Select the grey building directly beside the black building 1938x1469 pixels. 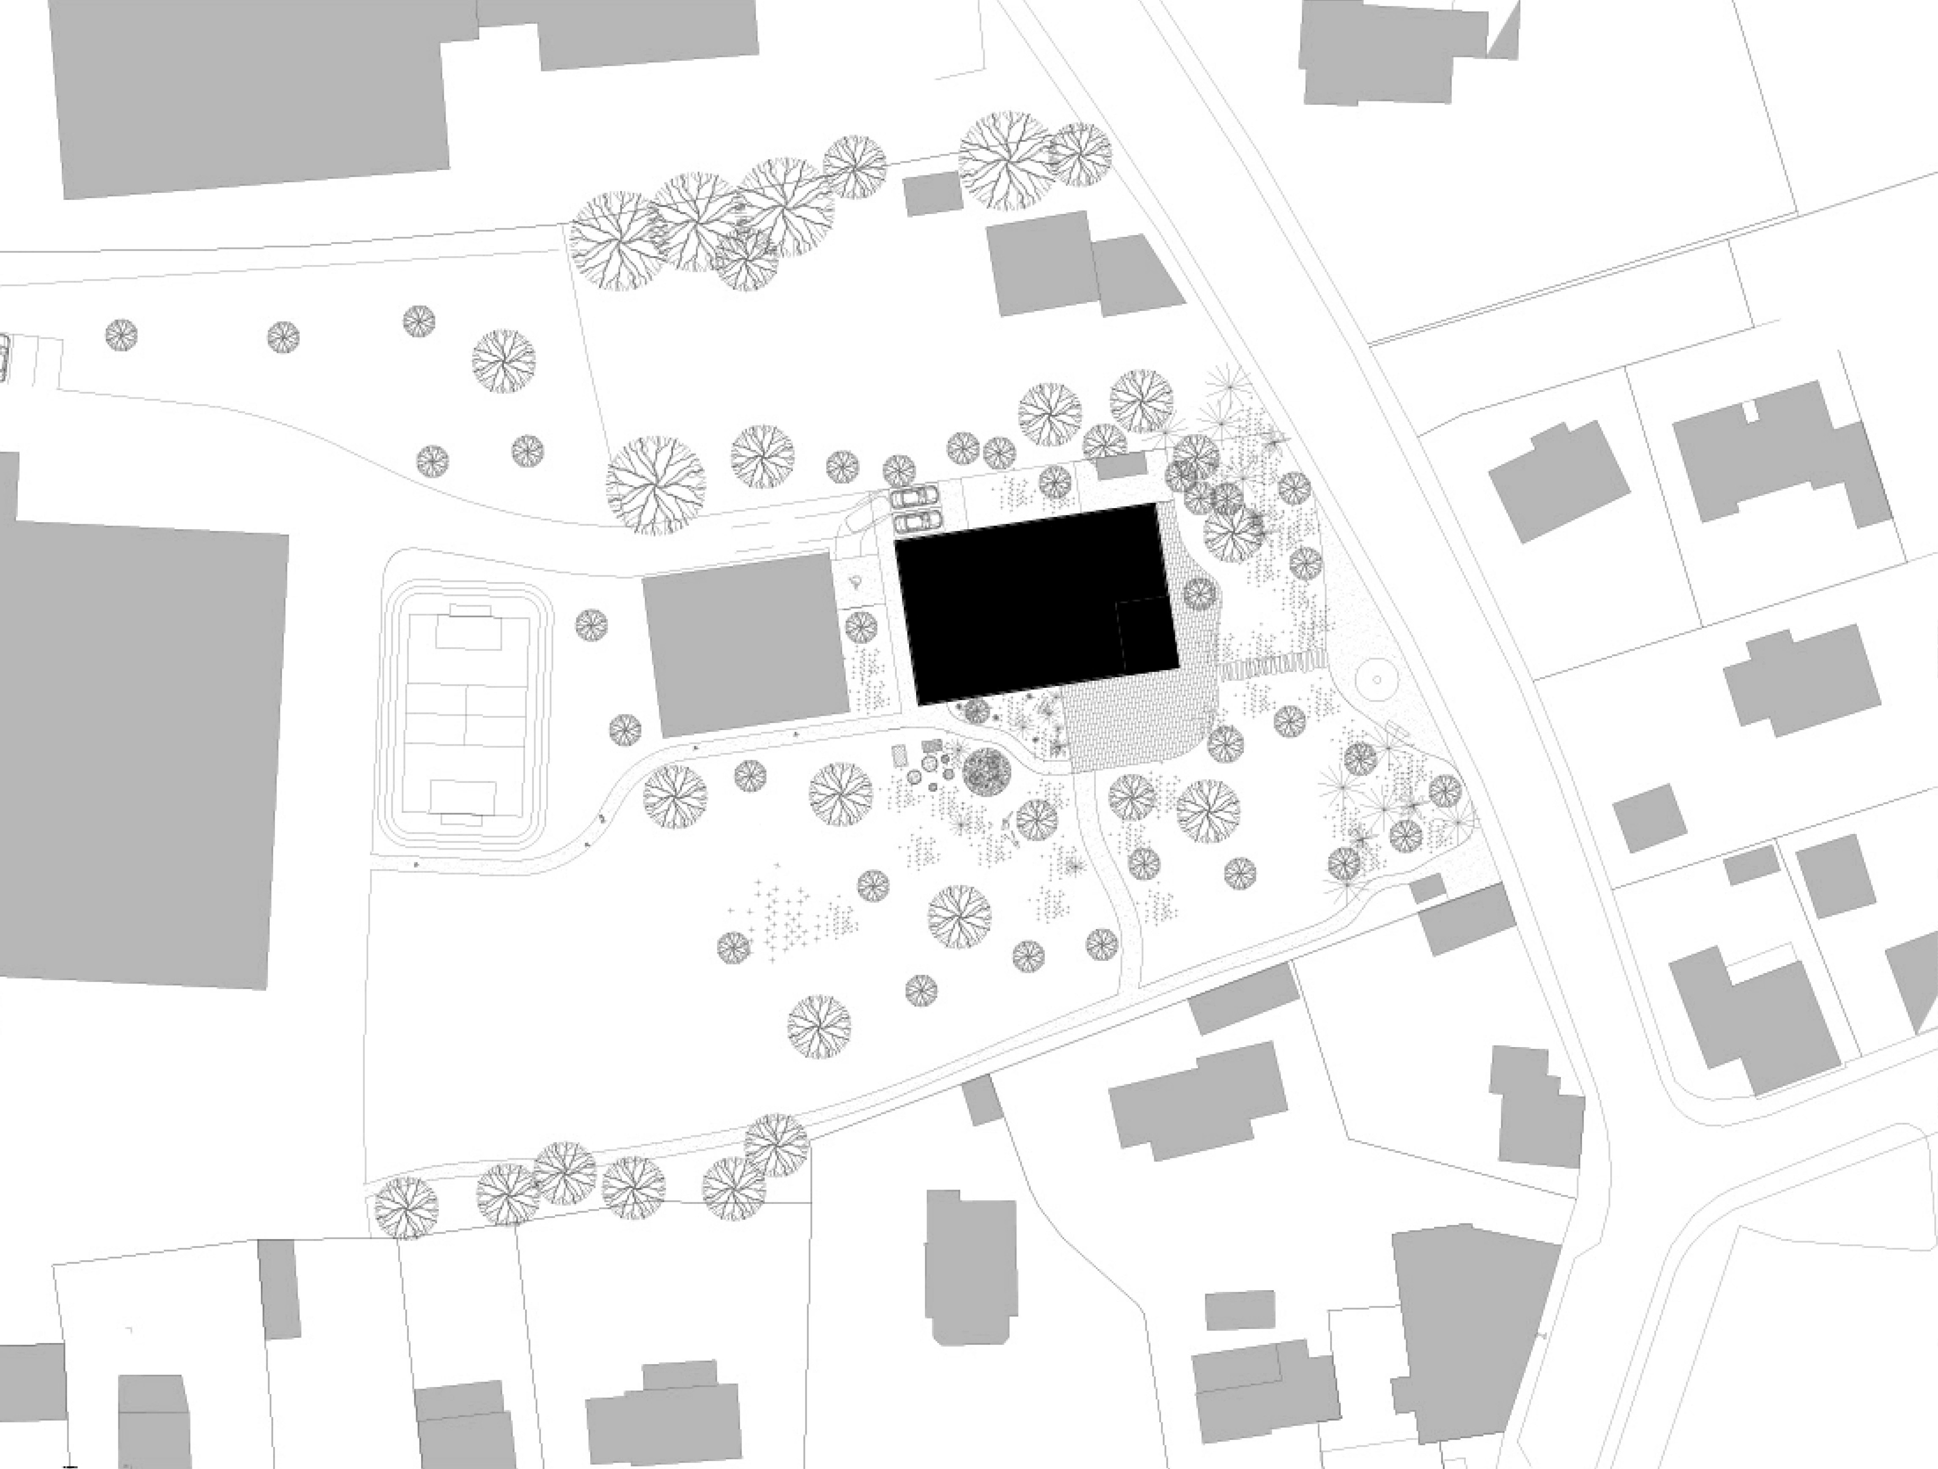point(745,644)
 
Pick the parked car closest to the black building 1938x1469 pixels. point(914,522)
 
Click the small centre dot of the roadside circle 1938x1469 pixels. point(1374,679)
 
